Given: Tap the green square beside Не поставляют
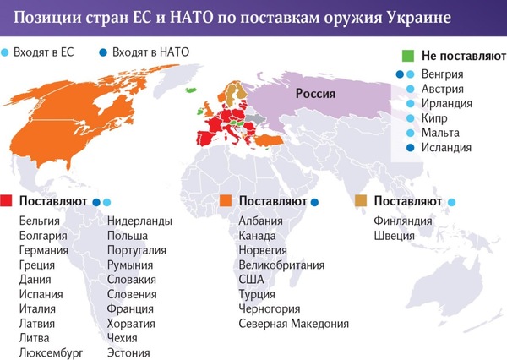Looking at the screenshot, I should (x=407, y=56).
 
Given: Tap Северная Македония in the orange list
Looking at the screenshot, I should (x=293, y=323).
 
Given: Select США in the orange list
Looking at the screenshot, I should (x=251, y=279).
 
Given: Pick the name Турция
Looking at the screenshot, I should (x=257, y=293).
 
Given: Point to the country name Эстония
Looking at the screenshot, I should (x=128, y=352).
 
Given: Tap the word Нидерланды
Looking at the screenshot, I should (x=139, y=221).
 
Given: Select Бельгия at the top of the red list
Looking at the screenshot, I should (x=39, y=221).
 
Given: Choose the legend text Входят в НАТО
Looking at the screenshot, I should (x=150, y=52).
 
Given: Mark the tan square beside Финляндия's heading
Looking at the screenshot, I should (x=362, y=202).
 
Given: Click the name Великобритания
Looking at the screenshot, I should (x=282, y=265).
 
